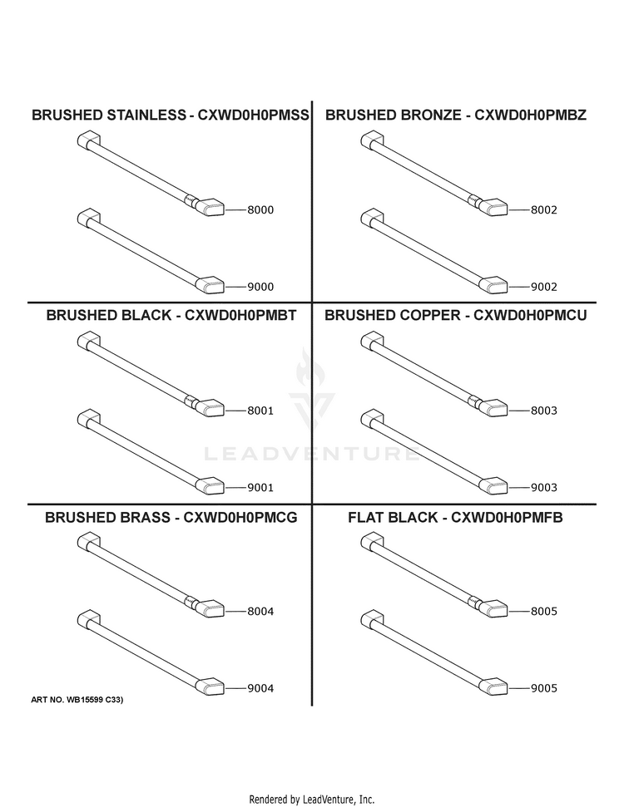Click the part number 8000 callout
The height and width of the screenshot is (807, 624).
[x=260, y=210]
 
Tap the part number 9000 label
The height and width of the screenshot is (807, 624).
[x=260, y=288]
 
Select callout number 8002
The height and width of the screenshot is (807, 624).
[x=544, y=210]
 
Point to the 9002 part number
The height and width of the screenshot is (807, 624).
[x=544, y=288]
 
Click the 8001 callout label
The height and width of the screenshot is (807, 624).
[x=260, y=411]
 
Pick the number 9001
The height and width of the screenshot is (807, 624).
[x=260, y=488]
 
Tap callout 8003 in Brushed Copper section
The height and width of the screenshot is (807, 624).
[x=544, y=411]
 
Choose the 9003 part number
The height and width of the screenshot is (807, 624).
[x=544, y=488]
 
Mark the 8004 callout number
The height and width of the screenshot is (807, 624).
[x=260, y=612]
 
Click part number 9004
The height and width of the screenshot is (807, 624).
[x=260, y=689]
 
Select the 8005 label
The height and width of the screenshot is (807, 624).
[x=544, y=612]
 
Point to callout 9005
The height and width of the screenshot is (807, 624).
[x=544, y=689]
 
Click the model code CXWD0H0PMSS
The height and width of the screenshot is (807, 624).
[x=254, y=115]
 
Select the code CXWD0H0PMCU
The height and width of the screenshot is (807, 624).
[x=530, y=315]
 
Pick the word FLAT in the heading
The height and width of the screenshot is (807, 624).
[x=364, y=517]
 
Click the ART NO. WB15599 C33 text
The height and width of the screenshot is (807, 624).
[x=77, y=700]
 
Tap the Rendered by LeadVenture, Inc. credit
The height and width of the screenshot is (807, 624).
[x=312, y=800]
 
